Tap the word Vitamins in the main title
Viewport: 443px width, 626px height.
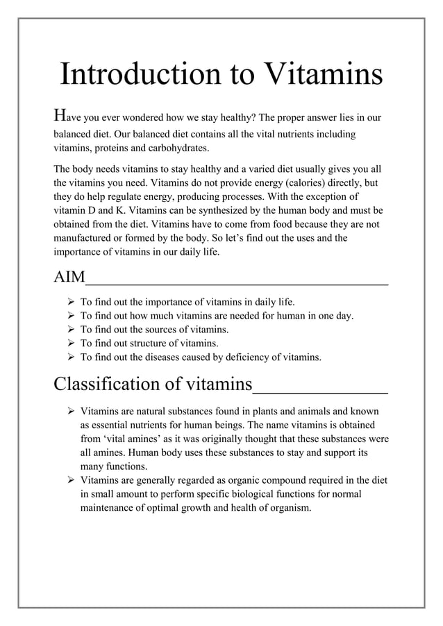[x=319, y=75]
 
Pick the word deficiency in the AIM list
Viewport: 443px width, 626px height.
[x=249, y=357]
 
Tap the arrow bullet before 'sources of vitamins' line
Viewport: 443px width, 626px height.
[x=70, y=330]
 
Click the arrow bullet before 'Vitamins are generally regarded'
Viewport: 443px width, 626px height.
[x=70, y=480]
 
